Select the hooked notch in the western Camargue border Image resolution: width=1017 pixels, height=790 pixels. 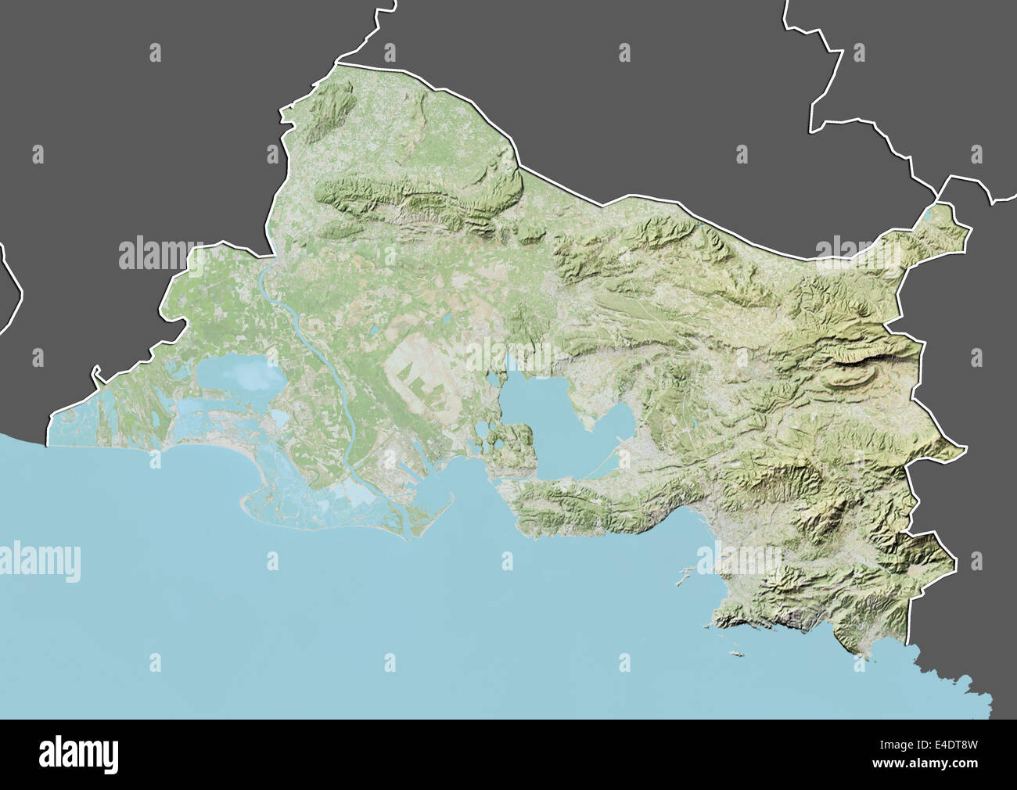click(96, 374)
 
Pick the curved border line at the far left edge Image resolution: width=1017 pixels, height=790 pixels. click(14, 289)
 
